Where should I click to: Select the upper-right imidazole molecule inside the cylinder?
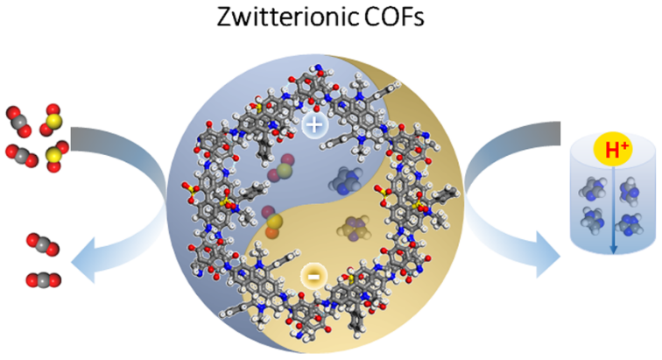click(x=626, y=187)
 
